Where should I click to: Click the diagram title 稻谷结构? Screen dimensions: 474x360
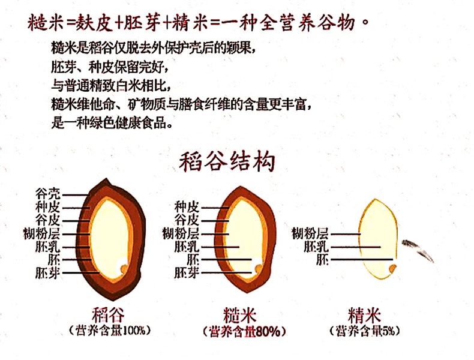[227, 163]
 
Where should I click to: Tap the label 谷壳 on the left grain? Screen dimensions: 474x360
[48, 195]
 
